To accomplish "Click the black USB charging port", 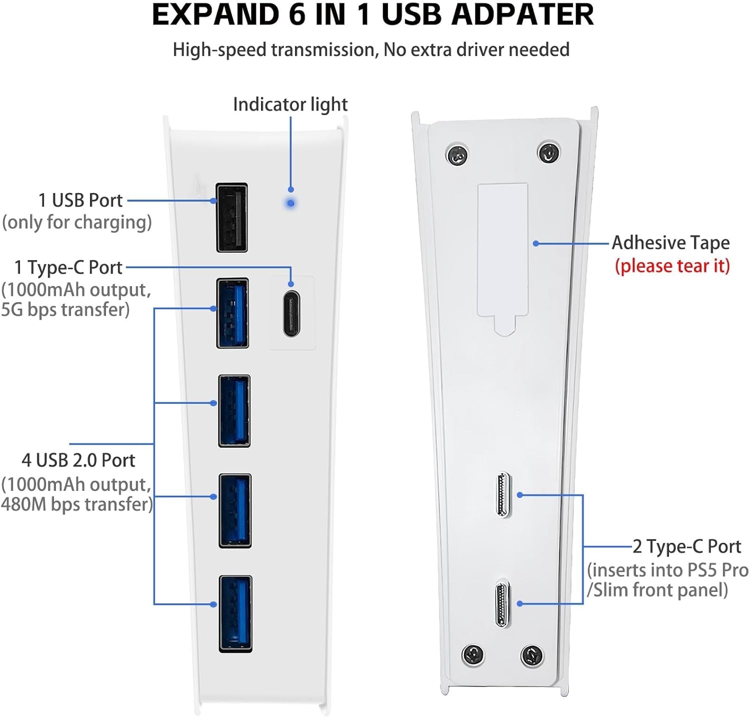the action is coord(231,217).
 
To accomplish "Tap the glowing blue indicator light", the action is coord(290,204).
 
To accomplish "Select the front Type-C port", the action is coord(291,314).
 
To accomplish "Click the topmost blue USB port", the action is coord(232,313).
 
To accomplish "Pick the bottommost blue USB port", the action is coord(235,613).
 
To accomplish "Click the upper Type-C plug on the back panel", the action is coord(503,495).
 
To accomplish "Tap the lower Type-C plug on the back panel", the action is coord(502,603).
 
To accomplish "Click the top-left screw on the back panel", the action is coord(456,156).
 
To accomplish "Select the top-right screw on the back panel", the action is coord(548,152).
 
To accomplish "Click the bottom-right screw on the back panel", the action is coord(531,655).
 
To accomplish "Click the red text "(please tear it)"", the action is coord(672,266).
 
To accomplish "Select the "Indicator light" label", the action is coord(290,105).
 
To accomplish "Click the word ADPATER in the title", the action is coord(522,15).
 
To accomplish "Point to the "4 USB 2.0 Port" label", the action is coord(78,460).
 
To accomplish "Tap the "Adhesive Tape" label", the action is coord(670,243).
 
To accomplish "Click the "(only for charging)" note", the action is coord(77,222).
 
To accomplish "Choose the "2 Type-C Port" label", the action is coord(686,546).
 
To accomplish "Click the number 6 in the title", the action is coord(296,15).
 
